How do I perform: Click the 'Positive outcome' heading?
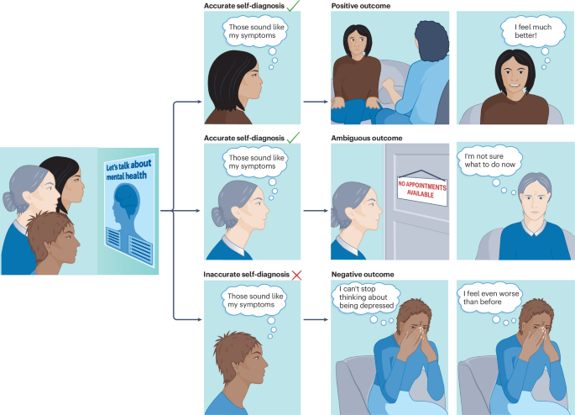click(x=362, y=6)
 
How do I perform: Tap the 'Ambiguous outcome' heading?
click(x=367, y=138)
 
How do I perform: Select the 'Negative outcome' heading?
click(x=363, y=275)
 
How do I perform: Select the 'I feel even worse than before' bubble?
click(x=493, y=299)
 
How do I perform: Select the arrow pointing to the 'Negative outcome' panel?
click(x=314, y=320)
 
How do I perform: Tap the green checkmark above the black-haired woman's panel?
click(x=294, y=6)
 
